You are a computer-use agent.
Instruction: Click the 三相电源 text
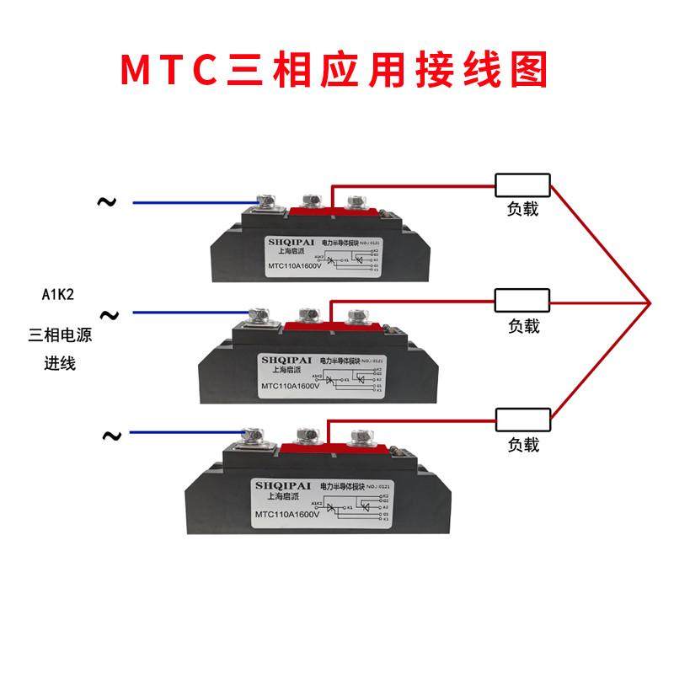click(59, 335)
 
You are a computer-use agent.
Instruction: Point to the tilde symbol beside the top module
click(106, 201)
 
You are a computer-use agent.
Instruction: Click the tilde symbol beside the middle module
click(110, 315)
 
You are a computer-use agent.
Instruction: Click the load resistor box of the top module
click(522, 185)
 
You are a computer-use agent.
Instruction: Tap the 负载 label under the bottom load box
click(523, 444)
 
